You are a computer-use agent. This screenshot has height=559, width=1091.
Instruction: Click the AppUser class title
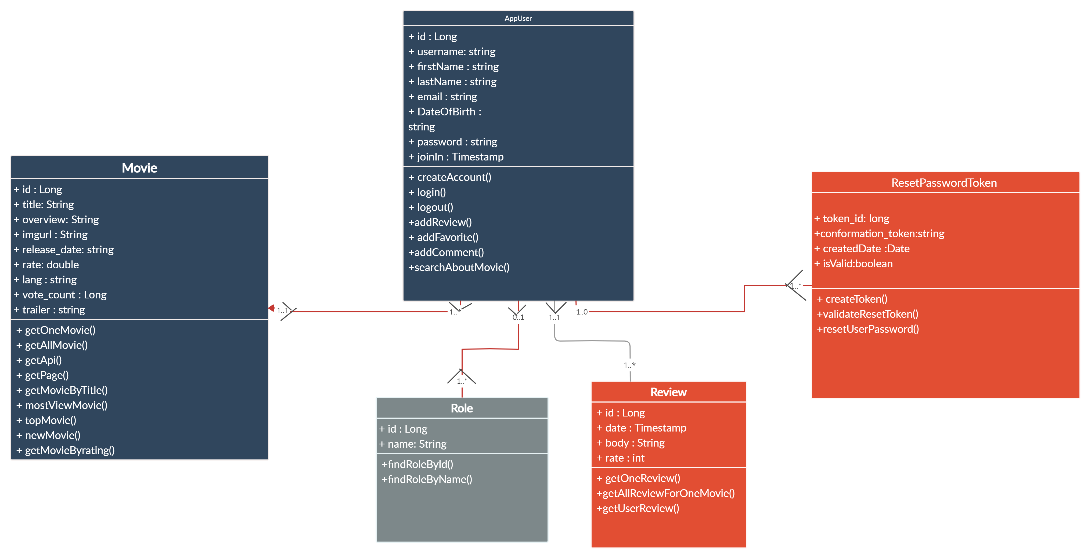click(518, 18)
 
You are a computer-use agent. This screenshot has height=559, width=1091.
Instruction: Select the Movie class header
click(139, 168)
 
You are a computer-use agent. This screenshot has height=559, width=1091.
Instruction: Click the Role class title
click(462, 408)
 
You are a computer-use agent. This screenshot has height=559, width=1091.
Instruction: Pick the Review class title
click(668, 392)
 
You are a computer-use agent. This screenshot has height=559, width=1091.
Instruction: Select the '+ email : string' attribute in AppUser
click(442, 97)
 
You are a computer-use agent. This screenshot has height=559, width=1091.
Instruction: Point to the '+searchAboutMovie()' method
click(459, 268)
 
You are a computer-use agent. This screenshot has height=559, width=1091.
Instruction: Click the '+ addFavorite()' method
click(444, 238)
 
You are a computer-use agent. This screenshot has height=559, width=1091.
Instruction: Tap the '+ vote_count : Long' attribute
click(60, 295)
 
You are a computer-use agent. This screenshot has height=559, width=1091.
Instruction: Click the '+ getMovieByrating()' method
click(66, 451)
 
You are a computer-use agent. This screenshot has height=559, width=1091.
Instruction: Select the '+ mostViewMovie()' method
click(62, 405)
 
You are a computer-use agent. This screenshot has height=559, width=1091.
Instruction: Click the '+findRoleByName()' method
click(427, 480)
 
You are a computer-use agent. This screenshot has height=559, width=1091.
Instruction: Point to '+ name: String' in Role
click(413, 444)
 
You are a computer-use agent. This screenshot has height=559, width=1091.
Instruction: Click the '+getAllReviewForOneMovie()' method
click(665, 494)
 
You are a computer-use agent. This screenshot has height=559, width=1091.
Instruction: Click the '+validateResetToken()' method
click(867, 314)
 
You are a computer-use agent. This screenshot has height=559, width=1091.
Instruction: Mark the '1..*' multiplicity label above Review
click(629, 365)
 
